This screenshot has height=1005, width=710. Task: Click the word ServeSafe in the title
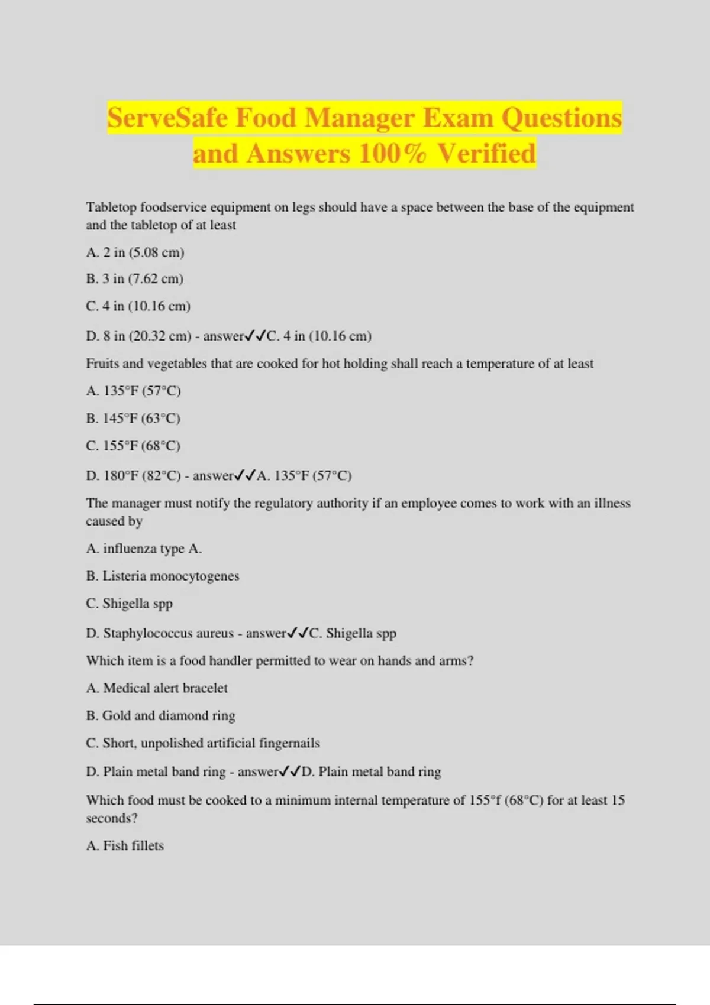pyautogui.click(x=167, y=118)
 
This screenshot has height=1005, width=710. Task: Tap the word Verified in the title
pyautogui.click(x=486, y=154)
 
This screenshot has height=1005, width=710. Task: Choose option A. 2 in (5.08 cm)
pyautogui.click(x=135, y=252)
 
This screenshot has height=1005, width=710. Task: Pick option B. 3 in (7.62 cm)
pyautogui.click(x=134, y=278)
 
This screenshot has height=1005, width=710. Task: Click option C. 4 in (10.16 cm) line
pyautogui.click(x=138, y=306)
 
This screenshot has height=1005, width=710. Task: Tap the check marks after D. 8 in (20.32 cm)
pyautogui.click(x=256, y=336)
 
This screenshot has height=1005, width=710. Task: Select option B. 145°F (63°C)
pyautogui.click(x=133, y=419)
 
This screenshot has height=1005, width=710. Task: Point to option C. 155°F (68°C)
pyautogui.click(x=133, y=446)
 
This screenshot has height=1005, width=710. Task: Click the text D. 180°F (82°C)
pyautogui.click(x=133, y=476)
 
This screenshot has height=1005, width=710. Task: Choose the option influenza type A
pyautogui.click(x=152, y=549)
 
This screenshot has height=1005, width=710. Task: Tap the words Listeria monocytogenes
pyautogui.click(x=170, y=576)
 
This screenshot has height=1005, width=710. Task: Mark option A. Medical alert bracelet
pyautogui.click(x=157, y=688)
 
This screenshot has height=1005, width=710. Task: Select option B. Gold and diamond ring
pyautogui.click(x=160, y=715)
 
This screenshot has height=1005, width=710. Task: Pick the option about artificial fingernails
pyautogui.click(x=202, y=743)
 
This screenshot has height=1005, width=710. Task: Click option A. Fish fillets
pyautogui.click(x=125, y=846)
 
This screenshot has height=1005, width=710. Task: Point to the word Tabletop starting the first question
pyautogui.click(x=111, y=208)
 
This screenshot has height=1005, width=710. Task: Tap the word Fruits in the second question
pyautogui.click(x=102, y=364)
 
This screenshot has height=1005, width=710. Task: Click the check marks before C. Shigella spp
pyautogui.click(x=298, y=633)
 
